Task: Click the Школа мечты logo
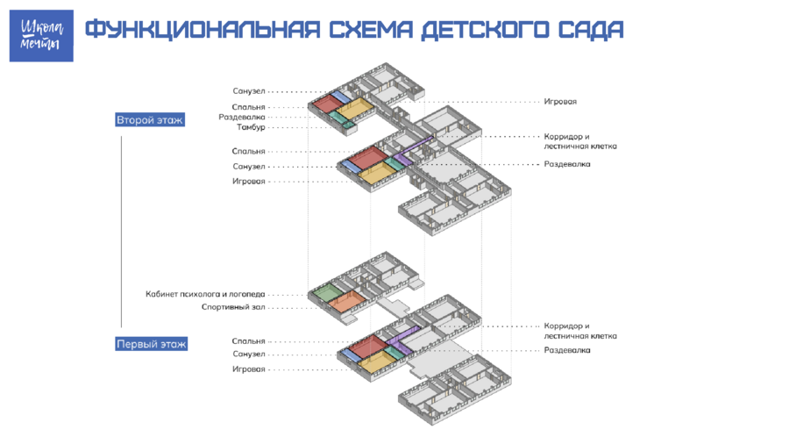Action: click(41, 36)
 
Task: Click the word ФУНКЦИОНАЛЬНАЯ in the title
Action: click(203, 29)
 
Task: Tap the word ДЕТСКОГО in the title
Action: click(485, 30)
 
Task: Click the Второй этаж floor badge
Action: click(150, 120)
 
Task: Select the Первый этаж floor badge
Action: click(152, 344)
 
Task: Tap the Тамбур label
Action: click(251, 127)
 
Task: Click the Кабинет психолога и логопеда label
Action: click(205, 294)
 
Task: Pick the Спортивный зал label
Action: click(233, 307)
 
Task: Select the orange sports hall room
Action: click(348, 300)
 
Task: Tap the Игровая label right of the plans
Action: click(560, 102)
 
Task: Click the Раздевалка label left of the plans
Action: click(242, 118)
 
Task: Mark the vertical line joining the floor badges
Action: click(121, 232)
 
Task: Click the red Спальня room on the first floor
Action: click(368, 346)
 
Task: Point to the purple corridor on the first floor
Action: click(403, 336)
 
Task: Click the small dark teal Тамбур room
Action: click(348, 125)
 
